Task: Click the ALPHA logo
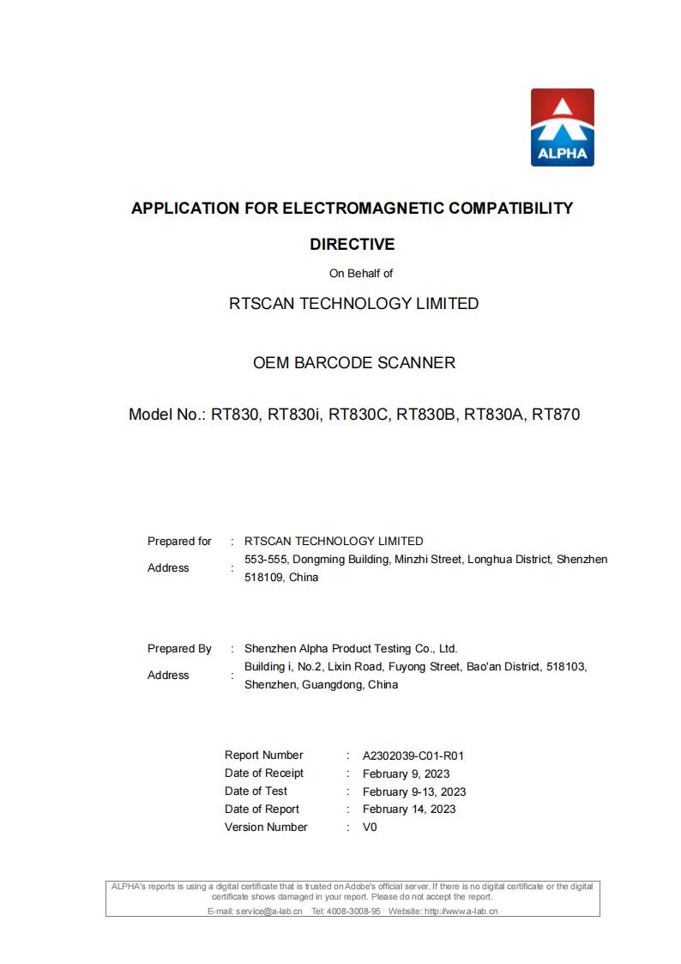point(562,127)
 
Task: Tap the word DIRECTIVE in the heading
point(352,245)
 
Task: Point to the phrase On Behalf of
point(361,274)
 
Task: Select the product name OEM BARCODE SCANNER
point(354,363)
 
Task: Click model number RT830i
point(294,415)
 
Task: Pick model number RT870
point(556,415)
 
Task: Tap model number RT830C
point(358,415)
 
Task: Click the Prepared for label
point(179,542)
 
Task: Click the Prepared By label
point(179,649)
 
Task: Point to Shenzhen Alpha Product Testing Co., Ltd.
point(351,649)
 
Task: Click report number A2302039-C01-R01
point(413,756)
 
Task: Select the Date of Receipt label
point(264,773)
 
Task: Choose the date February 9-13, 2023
point(414,791)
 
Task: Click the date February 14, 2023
point(409,809)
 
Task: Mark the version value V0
point(370,828)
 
